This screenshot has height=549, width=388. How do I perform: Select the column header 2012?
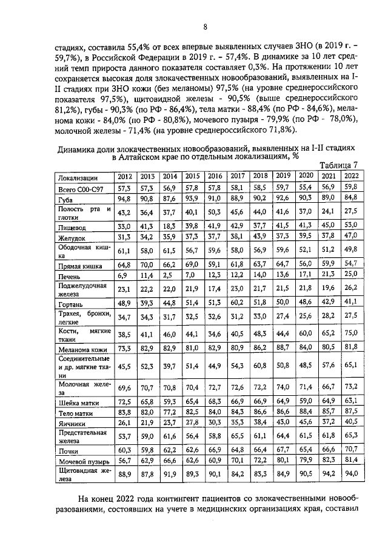click(x=125, y=176)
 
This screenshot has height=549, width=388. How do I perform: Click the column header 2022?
click(x=350, y=176)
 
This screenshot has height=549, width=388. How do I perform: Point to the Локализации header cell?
click(x=78, y=177)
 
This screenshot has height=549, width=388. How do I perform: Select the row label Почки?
click(x=67, y=450)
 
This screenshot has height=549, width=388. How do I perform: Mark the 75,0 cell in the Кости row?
click(x=351, y=333)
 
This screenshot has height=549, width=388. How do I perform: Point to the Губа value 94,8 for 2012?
click(x=125, y=198)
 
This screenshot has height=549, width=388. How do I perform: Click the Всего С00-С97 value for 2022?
click(x=351, y=187)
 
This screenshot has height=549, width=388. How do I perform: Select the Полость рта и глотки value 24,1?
click(x=328, y=212)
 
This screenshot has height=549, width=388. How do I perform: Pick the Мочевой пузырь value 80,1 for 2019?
click(x=283, y=461)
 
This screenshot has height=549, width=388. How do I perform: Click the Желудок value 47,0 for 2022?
click(x=351, y=235)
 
